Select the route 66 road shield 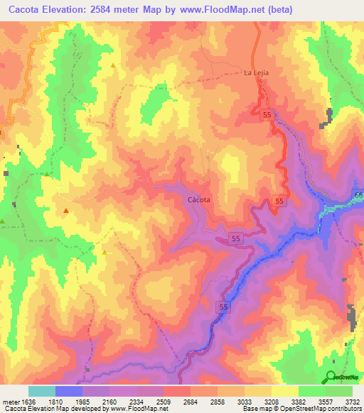pyautogui.click(x=358, y=195)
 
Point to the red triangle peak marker pyautogui.click(x=66, y=210)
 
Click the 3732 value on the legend pyautogui.click(x=352, y=400)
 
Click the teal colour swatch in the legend pyautogui.click(x=42, y=391)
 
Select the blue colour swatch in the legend pyautogui.click(x=69, y=391)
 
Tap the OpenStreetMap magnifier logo pyautogui.click(x=331, y=376)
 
